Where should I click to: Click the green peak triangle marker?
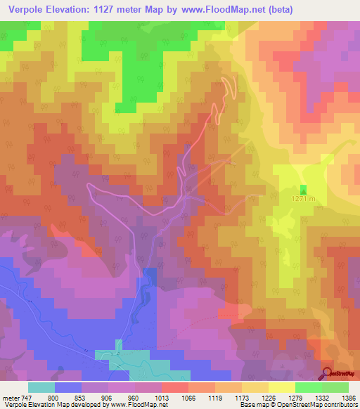pyautogui.click(x=304, y=190)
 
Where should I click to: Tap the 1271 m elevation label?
pyautogui.click(x=304, y=200)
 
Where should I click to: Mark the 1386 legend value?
pyautogui.click(x=349, y=398)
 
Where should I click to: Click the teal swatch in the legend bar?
pyautogui.click(x=41, y=387)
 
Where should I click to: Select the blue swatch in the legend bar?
pyautogui.click(x=68, y=387)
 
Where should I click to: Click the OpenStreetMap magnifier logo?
pyautogui.click(x=328, y=374)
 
